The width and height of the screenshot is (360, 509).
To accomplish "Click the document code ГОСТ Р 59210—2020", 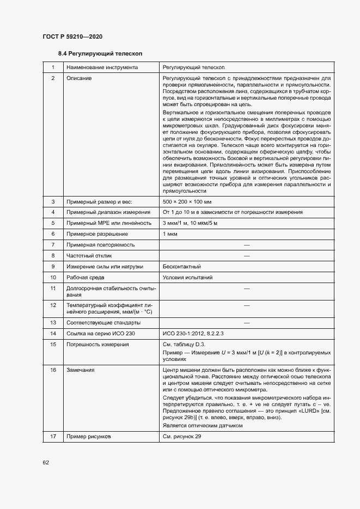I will pos(72,36).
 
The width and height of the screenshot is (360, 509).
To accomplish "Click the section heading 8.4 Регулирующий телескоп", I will pos(100,54).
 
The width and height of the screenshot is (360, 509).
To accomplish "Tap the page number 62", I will pos(46,462).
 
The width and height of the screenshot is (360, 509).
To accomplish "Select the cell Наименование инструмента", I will pos(102,68).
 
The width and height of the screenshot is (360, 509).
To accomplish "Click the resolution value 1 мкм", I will pos(170,234).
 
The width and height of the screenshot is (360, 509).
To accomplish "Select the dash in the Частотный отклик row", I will pos(246,256).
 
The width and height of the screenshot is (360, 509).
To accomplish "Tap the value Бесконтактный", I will pos(182,267).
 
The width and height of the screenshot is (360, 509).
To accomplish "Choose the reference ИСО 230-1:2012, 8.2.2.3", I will pos(193,333).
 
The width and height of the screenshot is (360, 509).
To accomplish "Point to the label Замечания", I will pos(81,370).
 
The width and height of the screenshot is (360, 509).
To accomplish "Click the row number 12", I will pos(53,305).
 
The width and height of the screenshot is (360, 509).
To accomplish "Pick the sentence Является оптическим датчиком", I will pos(203,426).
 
